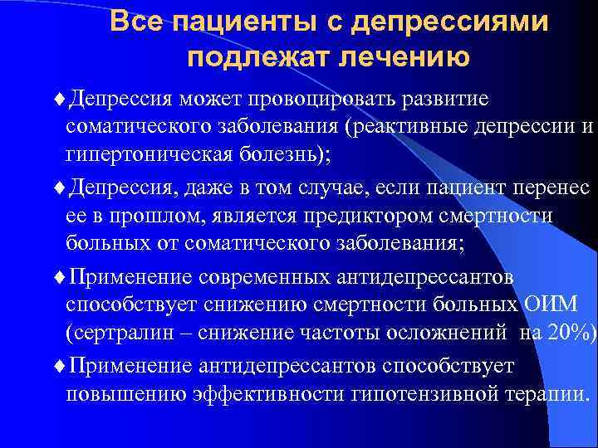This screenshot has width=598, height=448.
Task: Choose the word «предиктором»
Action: [341, 215]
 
